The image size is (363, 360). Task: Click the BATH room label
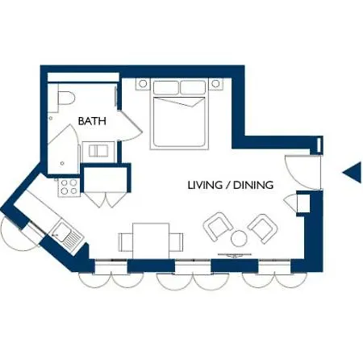point(92,121)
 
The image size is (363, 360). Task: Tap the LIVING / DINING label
point(231,185)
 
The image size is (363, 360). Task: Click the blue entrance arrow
point(353,173)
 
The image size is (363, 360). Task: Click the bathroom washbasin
point(98,151)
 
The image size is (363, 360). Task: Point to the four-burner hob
point(69,187)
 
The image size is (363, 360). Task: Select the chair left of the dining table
point(126,242)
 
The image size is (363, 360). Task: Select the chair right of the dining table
point(177,242)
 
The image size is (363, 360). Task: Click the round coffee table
point(239,239)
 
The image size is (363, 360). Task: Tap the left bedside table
point(143,84)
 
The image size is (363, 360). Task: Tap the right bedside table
point(215,84)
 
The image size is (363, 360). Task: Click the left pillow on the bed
point(166,87)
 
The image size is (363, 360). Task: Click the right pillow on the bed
point(193,87)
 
